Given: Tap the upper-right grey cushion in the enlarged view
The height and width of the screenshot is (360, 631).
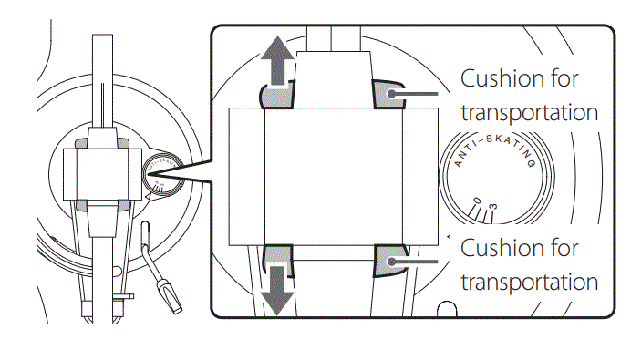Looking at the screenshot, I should [387, 92].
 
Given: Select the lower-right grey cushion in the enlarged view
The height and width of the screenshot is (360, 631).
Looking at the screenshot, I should [387, 262].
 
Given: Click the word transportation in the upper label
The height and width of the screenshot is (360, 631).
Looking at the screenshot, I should [529, 113].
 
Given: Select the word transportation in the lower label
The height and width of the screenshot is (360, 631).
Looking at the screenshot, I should [529, 281].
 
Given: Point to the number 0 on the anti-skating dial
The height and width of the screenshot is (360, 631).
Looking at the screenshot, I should [475, 202].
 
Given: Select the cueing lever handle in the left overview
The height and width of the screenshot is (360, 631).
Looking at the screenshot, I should [169, 292].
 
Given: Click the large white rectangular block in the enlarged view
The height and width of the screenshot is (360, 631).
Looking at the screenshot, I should [332, 176].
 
